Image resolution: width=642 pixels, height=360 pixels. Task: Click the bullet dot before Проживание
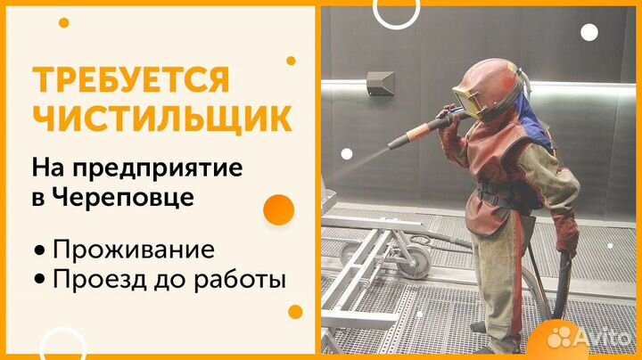(39, 248)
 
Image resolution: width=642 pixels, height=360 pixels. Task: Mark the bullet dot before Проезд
(39, 280)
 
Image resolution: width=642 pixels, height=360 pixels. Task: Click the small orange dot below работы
(295, 311)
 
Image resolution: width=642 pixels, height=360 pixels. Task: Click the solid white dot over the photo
(589, 32)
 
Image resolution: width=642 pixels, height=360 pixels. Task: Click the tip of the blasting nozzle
(393, 147)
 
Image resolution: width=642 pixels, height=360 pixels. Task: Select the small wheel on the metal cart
(412, 261)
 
